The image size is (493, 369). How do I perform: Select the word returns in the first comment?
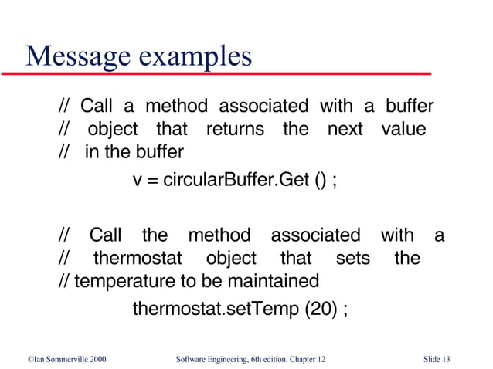[234, 129]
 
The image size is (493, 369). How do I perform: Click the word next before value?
[345, 129]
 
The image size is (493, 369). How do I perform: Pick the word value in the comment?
[403, 129]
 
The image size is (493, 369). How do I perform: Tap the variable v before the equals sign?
[138, 182]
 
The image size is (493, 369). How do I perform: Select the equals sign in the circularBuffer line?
[153, 182]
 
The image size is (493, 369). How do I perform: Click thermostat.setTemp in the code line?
[215, 310]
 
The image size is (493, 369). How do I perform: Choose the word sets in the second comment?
[353, 257]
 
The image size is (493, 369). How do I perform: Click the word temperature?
[122, 279]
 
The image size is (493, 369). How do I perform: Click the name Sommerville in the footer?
[61, 359]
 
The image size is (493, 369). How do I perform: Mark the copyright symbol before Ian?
[22, 359]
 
